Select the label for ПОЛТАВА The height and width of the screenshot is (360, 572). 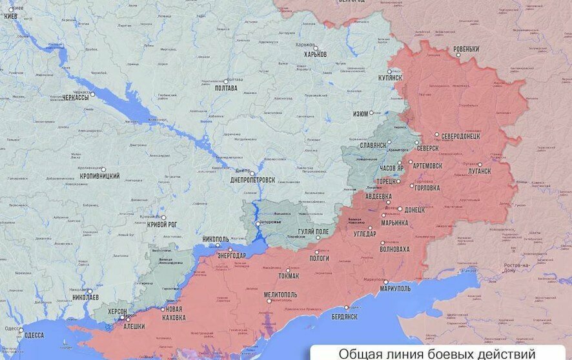pyautogui.click(x=225, y=88)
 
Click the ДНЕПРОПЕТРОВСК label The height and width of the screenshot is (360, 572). pyautogui.click(x=252, y=180)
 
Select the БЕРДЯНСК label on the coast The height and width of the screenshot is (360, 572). pyautogui.click(x=343, y=316)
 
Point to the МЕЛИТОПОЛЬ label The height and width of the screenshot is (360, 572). pyautogui.click(x=281, y=294)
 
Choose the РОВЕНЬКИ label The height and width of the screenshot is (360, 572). pyautogui.click(x=466, y=49)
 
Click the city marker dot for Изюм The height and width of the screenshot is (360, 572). pyautogui.click(x=371, y=113)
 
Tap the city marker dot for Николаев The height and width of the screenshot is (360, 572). pyautogui.click(x=88, y=291)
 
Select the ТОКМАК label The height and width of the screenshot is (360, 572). pyautogui.click(x=288, y=276)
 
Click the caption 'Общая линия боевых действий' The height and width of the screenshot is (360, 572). pyautogui.click(x=437, y=353)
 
